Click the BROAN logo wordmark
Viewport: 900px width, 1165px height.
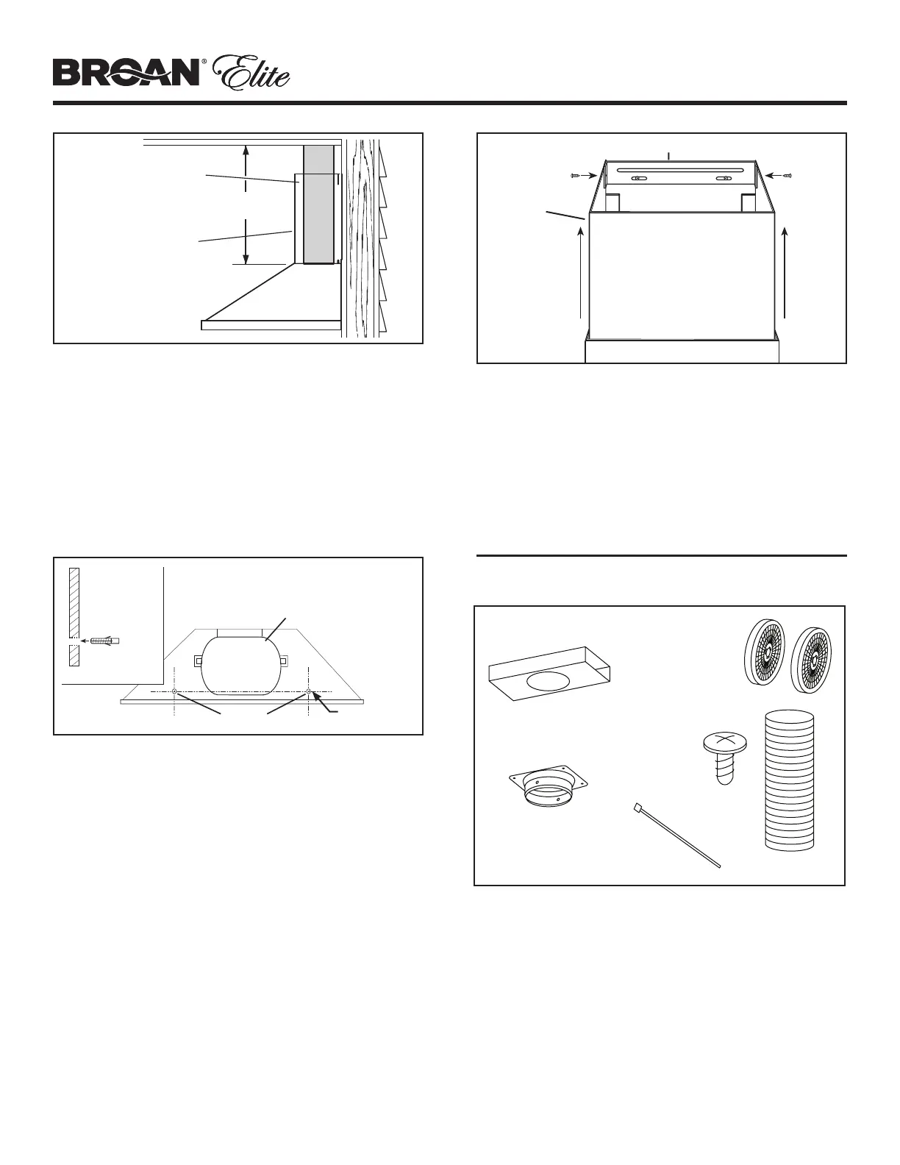pyautogui.click(x=126, y=74)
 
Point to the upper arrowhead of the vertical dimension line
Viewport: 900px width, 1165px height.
pyautogui.click(x=246, y=150)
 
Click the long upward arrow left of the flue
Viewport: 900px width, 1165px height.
pyautogui.click(x=582, y=272)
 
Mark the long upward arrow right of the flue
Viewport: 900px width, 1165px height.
pyautogui.click(x=786, y=272)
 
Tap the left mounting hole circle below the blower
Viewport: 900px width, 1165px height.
pyautogui.click(x=174, y=692)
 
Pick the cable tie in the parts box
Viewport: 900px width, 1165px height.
pyautogui.click(x=676, y=838)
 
